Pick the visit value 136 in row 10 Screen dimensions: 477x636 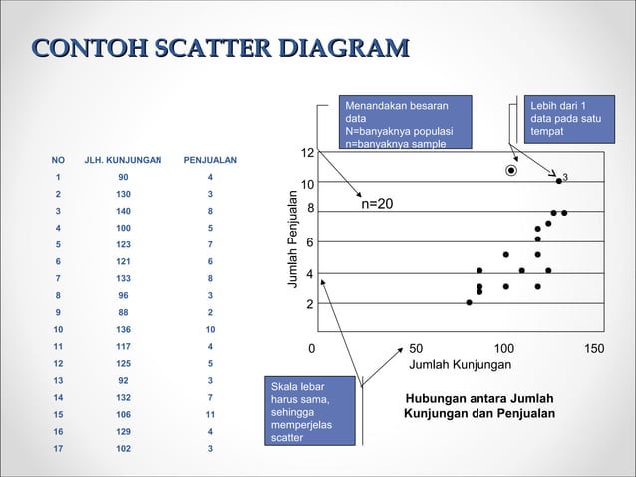122,328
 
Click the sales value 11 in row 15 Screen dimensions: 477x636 210,414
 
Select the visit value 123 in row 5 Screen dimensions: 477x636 122,243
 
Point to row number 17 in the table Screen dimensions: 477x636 58,448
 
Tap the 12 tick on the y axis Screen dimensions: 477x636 308,152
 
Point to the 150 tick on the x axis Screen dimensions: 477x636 594,348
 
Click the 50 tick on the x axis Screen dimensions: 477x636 416,348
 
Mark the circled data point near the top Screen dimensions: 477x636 511,171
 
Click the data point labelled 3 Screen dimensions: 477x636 559,181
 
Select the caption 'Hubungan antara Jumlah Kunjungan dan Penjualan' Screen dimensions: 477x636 478,406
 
